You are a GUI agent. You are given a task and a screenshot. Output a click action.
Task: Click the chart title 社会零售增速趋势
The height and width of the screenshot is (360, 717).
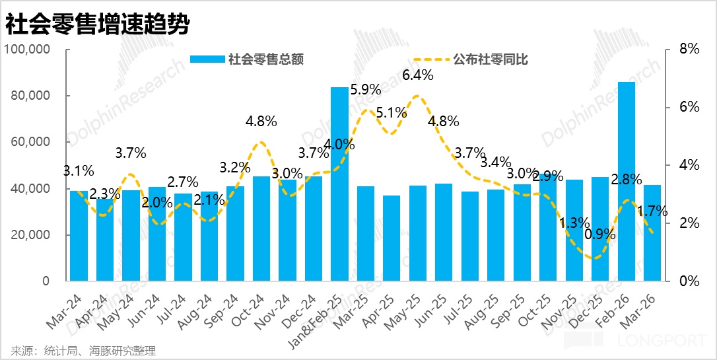[98, 24]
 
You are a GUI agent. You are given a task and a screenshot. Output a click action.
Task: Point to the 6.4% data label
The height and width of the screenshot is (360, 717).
[417, 75]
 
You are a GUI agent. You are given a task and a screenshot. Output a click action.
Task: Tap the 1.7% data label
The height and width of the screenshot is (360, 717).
[652, 212]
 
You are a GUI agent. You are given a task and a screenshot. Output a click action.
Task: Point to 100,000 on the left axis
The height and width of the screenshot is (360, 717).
[27, 50]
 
